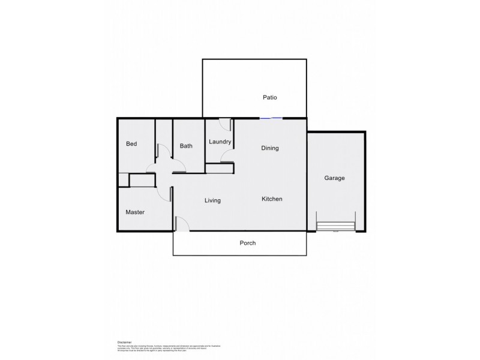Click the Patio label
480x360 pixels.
point(269,97)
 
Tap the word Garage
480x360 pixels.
point(334,178)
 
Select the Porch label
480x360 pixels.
point(247,243)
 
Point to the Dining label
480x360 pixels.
point(269,148)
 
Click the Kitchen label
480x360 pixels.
point(272,199)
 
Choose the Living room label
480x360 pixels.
point(212,200)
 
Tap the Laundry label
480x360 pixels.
point(220,142)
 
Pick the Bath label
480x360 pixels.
point(186,146)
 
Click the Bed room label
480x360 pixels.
point(131,144)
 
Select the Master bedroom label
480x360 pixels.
point(135,212)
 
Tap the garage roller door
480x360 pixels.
point(336,226)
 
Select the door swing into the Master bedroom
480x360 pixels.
point(164,193)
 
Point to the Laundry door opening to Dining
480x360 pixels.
point(227,157)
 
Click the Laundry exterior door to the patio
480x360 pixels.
point(224,124)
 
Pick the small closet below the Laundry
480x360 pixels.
point(220,169)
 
